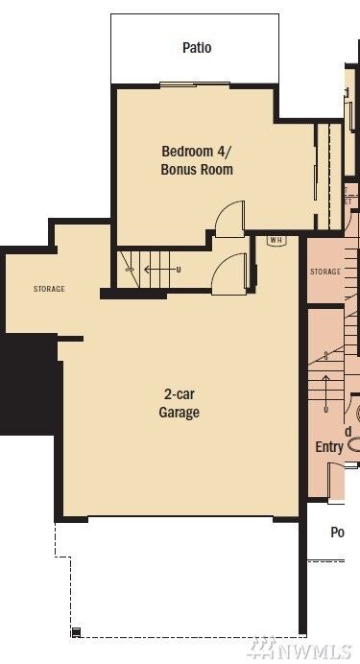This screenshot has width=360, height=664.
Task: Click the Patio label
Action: pos(197,48)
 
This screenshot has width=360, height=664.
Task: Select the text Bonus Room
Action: pos(196,170)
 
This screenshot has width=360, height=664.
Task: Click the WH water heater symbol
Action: pos(275,240)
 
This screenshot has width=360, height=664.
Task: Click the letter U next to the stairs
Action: pos(179,270)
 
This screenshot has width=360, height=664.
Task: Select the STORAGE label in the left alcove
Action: pos(49,289)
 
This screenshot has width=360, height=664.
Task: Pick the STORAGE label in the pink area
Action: pos(325,273)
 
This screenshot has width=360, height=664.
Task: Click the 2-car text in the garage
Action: pos(180,395)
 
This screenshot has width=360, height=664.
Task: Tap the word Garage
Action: pos(180,414)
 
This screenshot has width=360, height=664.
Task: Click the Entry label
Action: pos(329,447)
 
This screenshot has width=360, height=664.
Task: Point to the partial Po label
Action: pos(337,533)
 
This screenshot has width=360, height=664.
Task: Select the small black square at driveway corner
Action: pos(75,631)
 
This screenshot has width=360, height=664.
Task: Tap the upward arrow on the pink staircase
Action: pos(327,390)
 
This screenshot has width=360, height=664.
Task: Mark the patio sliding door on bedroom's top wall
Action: pos(196,86)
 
